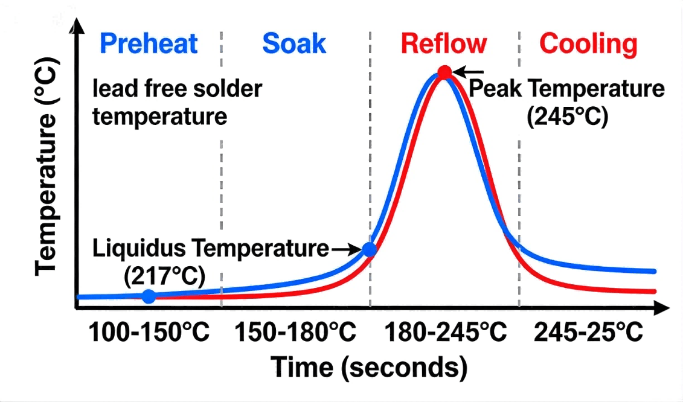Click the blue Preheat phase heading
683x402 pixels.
[x=149, y=44]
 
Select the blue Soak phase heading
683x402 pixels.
[x=294, y=44]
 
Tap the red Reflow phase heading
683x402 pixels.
[x=443, y=44]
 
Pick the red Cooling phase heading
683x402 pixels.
[x=588, y=44]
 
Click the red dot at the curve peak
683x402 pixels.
[x=444, y=73]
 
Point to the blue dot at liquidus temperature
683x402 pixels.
[x=370, y=249]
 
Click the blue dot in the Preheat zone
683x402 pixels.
[x=149, y=296]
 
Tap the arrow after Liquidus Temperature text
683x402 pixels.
[x=345, y=249]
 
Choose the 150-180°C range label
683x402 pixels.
[x=295, y=333]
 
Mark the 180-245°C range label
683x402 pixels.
[x=445, y=333]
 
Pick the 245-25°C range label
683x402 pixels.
[x=588, y=333]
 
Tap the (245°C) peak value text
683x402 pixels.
[x=567, y=116]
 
